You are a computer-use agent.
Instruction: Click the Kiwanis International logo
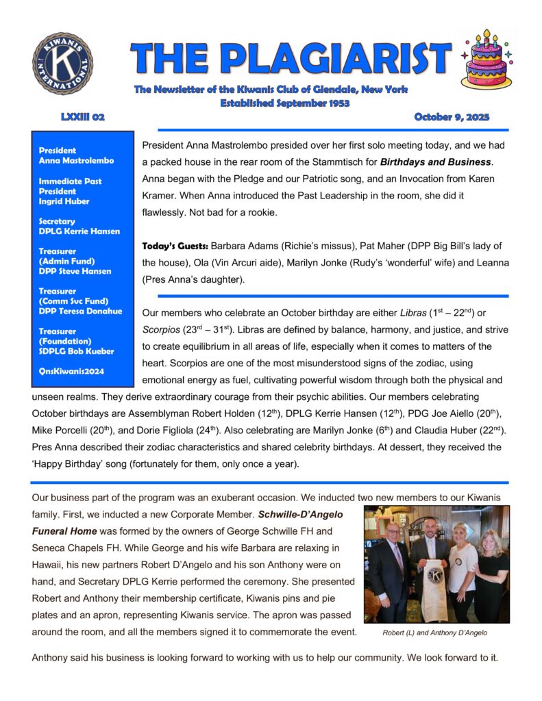coord(62,64)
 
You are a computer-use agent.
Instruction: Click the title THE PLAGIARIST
coord(291,60)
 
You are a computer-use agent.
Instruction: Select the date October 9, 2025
coord(452,117)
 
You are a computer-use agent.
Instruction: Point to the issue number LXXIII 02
coord(82,117)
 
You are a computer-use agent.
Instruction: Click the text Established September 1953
coord(284,103)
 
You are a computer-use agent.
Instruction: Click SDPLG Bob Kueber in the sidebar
coord(76,350)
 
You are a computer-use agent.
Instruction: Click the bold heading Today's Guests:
coord(174,245)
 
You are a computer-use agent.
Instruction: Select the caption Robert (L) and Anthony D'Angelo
coord(434,633)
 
